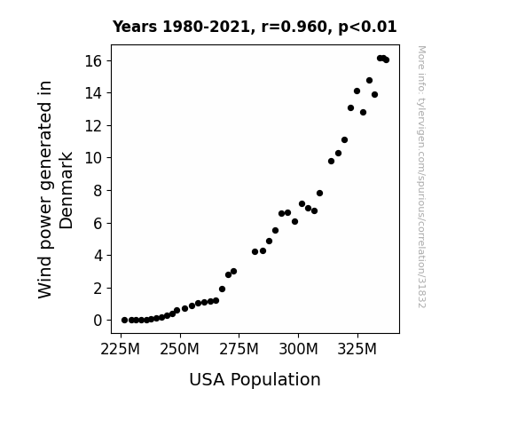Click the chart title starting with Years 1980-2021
[255, 27]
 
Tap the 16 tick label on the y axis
[94, 61]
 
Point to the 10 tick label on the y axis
[94, 158]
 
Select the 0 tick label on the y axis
[98, 321]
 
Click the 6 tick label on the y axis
[98, 224]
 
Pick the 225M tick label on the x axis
[121, 349]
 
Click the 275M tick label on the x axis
[239, 349]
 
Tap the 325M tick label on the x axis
[357, 349]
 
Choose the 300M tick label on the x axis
[298, 349]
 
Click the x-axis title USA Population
[255, 379]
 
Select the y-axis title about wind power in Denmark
[55, 189]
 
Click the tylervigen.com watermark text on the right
[422, 177]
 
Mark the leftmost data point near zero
[124, 321]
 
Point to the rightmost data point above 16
[386, 59]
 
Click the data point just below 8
[319, 194]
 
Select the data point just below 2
[222, 289]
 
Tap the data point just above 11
[345, 139]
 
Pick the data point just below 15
[370, 80]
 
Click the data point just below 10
[332, 161]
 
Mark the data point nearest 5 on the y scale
[270, 241]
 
